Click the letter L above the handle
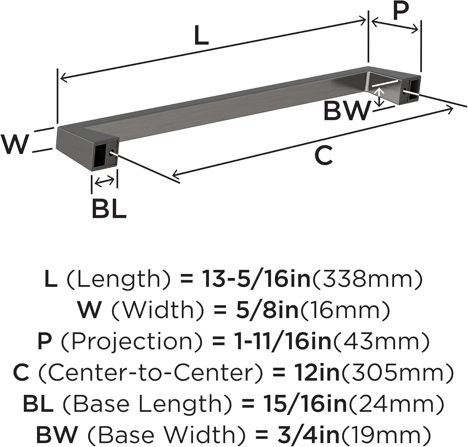(201, 35)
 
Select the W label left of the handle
(14, 144)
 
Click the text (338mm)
(367, 279)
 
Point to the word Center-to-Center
(150, 372)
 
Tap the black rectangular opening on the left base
(100, 155)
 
